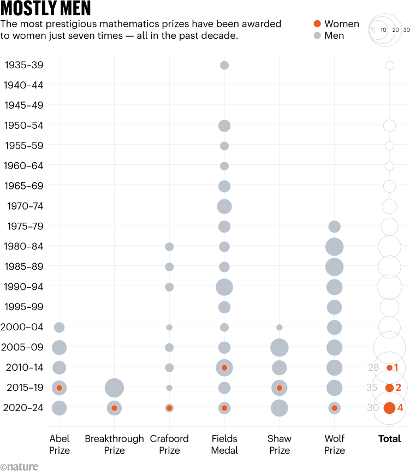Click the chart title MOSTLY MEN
pyautogui.click(x=46, y=9)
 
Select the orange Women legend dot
pyautogui.click(x=317, y=23)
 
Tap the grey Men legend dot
pyautogui.click(x=317, y=35)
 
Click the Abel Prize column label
pyautogui.click(x=60, y=444)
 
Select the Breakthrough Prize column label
pyautogui.click(x=114, y=444)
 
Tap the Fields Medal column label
pyautogui.click(x=224, y=444)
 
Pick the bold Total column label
pyautogui.click(x=389, y=439)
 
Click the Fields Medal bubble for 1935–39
pyautogui.click(x=224, y=66)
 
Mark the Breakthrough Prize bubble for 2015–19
pyautogui.click(x=114, y=388)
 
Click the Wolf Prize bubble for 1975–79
pyautogui.click(x=334, y=226)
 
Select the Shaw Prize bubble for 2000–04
pyautogui.click(x=279, y=328)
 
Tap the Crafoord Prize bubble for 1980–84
pyautogui.click(x=169, y=247)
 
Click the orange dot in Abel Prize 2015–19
pyautogui.click(x=60, y=388)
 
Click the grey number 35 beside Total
pyautogui.click(x=372, y=388)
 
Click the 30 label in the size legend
pyautogui.click(x=406, y=30)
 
